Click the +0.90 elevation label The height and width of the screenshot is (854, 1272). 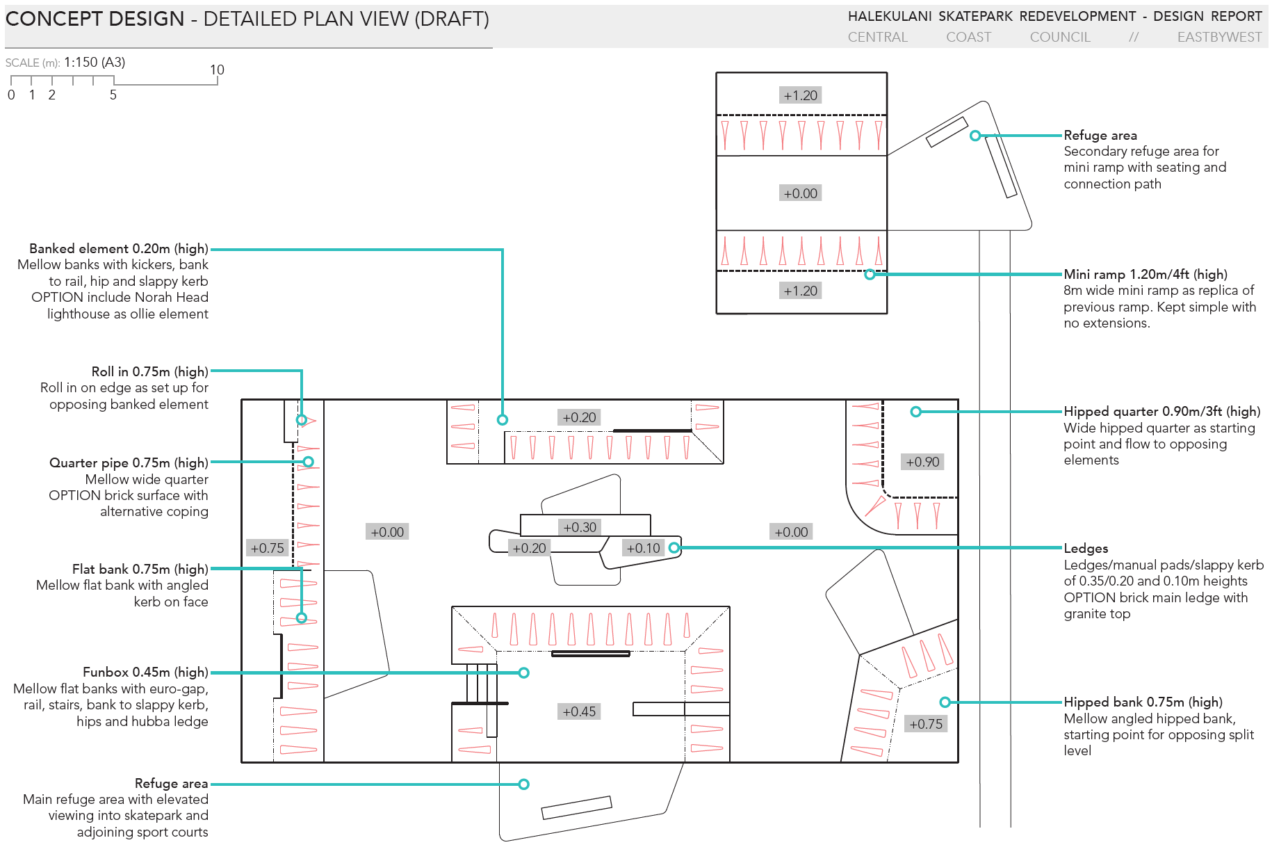coord(922,462)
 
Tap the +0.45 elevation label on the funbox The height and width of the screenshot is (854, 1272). coord(579,711)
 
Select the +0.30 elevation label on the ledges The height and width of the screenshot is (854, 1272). coord(580,527)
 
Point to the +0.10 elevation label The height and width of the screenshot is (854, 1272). coord(643,548)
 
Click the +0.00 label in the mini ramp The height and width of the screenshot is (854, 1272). coord(800,193)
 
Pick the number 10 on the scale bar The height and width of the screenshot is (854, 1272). coord(217,70)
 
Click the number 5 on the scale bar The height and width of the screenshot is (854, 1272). coord(113,95)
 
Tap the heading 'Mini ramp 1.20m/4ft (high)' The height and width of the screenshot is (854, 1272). coord(1145,274)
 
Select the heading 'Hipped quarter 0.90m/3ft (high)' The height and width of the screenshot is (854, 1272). coord(1161,411)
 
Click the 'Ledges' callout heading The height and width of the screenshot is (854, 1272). coord(1086,548)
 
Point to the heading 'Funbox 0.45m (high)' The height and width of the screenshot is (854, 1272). coord(145,672)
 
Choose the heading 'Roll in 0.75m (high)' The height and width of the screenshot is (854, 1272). coord(149,371)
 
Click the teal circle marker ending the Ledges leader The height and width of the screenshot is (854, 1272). coord(674,548)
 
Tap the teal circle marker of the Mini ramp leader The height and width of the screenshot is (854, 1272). coord(870,275)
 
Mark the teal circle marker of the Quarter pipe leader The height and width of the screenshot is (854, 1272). coord(308,462)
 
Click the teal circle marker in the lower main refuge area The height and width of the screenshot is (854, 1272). coord(524,784)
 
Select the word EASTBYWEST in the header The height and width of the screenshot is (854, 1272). coord(1219,38)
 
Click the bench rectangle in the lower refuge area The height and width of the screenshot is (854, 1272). coord(576,807)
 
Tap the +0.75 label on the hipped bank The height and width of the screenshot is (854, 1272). coord(926,724)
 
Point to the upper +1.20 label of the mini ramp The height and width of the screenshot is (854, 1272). coord(800,95)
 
